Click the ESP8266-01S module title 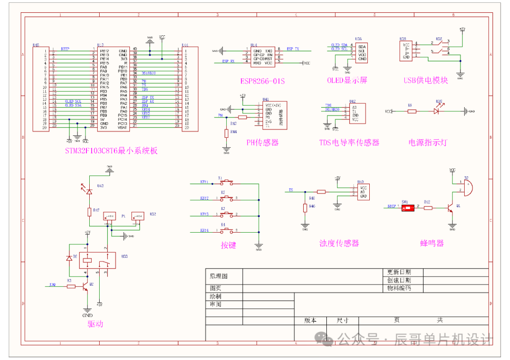(263, 81)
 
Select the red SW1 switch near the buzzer (405, 207)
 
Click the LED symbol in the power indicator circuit (437, 112)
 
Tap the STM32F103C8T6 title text (111, 151)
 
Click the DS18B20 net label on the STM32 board (148, 73)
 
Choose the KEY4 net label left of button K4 (204, 230)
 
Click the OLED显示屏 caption (347, 80)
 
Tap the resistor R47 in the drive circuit (88, 212)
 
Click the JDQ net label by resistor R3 (53, 285)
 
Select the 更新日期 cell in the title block (399, 272)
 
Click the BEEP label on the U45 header (65, 49)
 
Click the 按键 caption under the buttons (228, 245)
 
